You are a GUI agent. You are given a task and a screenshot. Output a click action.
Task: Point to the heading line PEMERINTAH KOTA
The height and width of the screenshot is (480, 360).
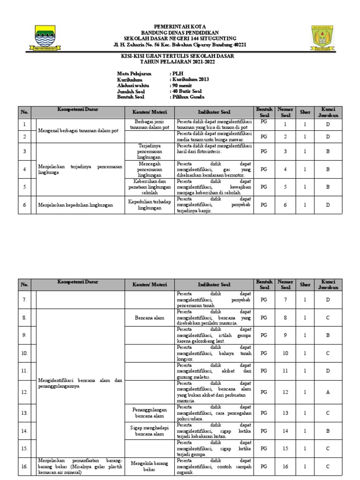click(180, 26)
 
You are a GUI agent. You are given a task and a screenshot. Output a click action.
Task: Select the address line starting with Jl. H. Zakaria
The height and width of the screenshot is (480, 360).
click(180, 45)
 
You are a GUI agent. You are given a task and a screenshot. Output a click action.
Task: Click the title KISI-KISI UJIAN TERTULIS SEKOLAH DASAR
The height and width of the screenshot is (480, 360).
click(180, 56)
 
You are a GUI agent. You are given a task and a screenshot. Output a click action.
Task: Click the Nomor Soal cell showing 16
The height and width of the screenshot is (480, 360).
click(285, 467)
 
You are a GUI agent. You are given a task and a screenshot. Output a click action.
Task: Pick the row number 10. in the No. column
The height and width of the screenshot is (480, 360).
click(24, 352)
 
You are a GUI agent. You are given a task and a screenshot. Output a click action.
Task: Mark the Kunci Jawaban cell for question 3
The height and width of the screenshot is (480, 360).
click(328, 151)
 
